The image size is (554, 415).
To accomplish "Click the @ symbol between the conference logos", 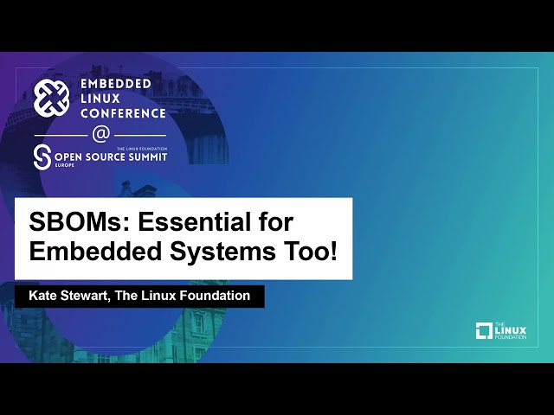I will (101, 135).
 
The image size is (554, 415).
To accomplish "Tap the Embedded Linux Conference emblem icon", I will (51, 97).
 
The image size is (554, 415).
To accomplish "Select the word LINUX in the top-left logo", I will (97, 98).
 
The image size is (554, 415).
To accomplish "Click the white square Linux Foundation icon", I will (484, 330).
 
